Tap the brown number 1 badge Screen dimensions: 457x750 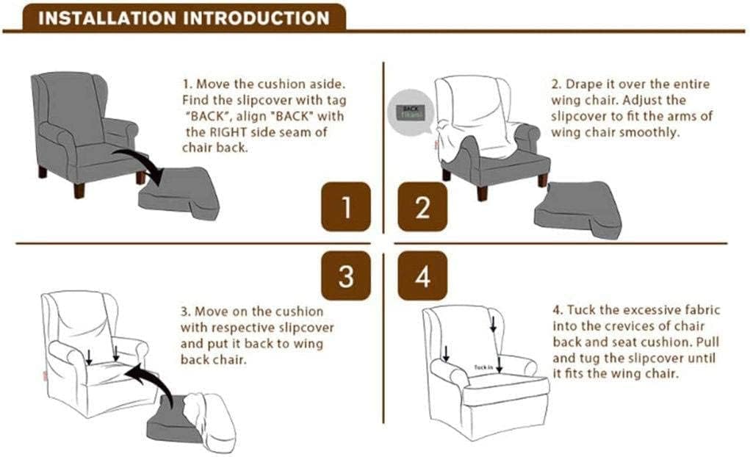[346, 206]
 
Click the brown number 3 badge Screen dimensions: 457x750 [346, 276]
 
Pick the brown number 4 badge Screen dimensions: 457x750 [422, 276]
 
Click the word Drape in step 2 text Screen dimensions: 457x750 [582, 84]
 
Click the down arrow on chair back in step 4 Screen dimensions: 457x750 [493, 323]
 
